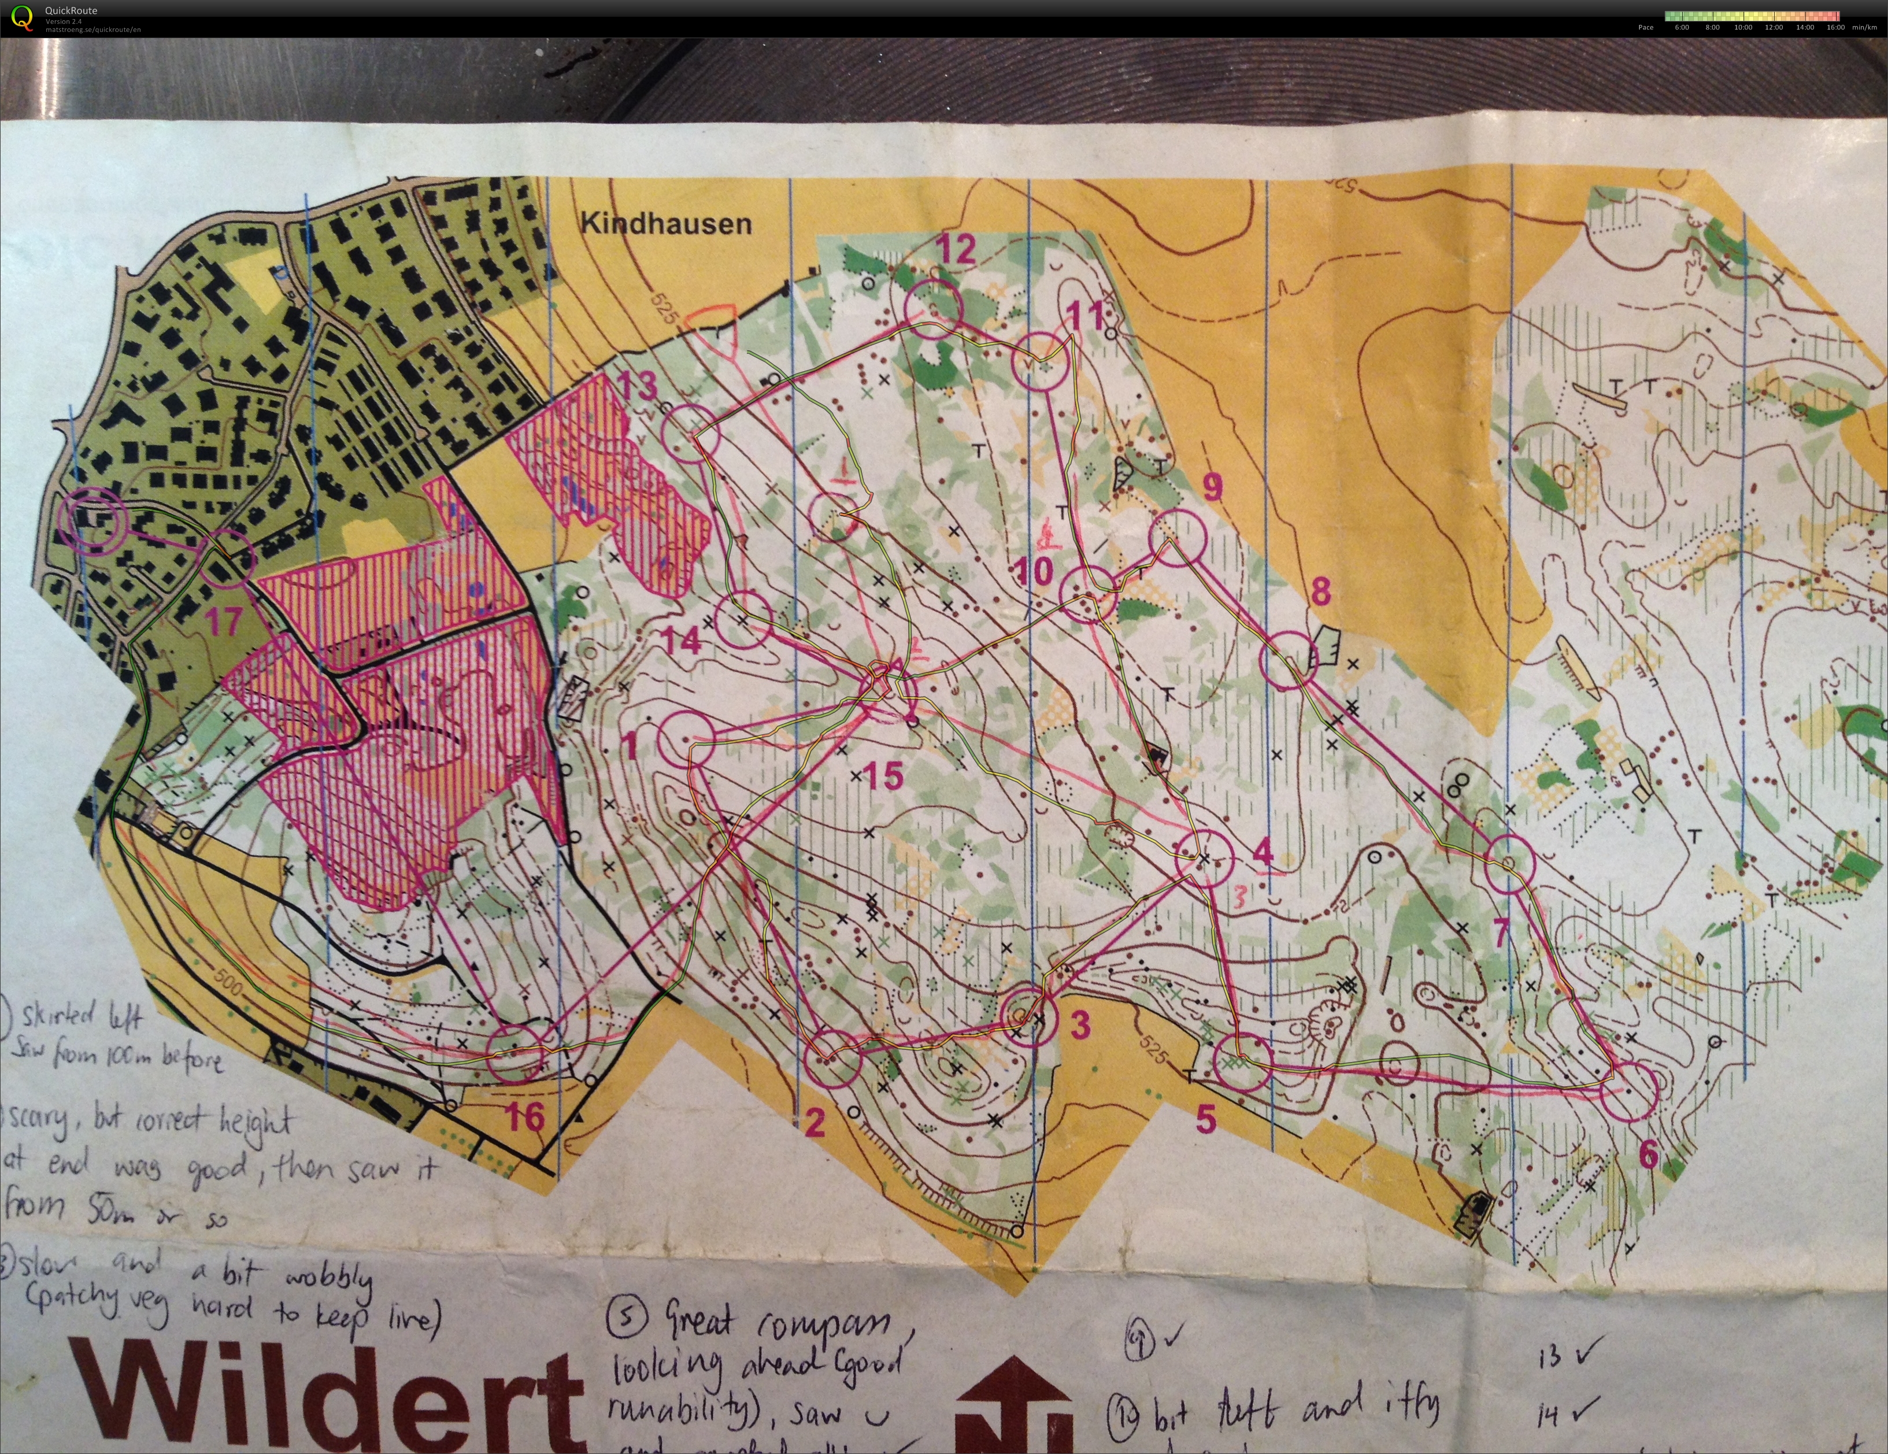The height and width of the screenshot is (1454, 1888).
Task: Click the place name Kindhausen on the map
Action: [665, 223]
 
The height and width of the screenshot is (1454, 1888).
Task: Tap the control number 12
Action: [956, 250]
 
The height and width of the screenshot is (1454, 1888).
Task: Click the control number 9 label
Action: [1213, 487]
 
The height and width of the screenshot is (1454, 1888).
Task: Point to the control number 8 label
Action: [1320, 592]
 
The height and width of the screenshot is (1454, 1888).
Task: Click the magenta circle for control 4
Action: [1204, 857]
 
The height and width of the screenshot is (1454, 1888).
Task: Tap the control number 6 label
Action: [1648, 1154]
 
